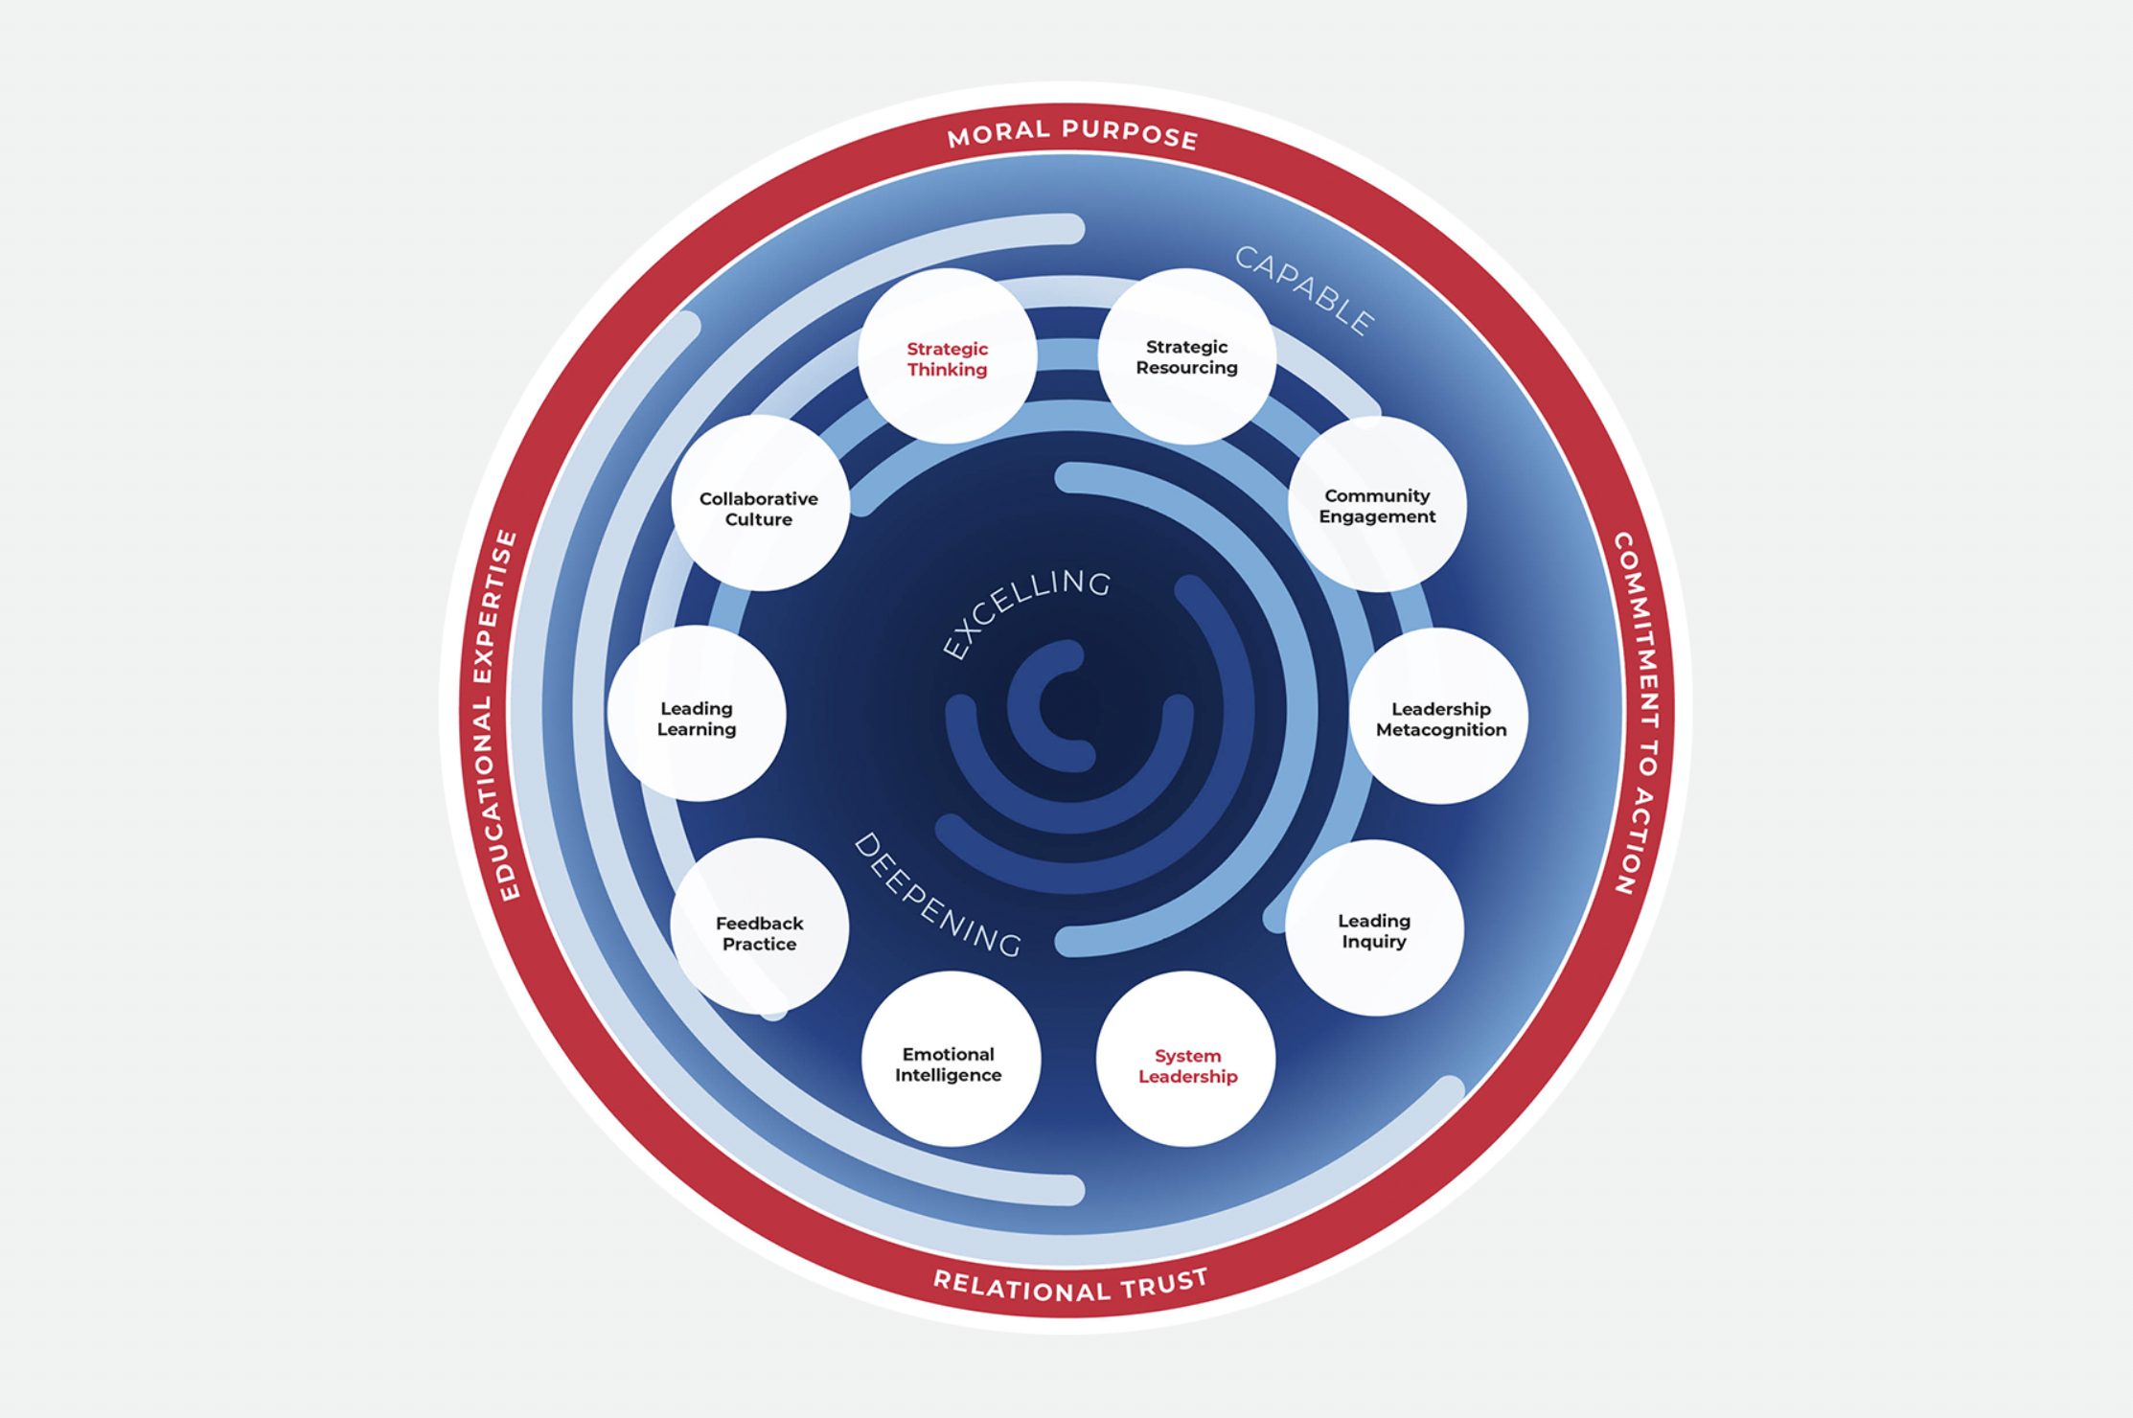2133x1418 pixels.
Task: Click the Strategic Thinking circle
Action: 947,357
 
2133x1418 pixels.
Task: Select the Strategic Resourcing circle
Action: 1186,356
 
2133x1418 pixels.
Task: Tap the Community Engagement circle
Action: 1377,505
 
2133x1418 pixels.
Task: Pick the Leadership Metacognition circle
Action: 1439,718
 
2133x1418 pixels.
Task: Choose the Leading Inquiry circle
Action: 1374,929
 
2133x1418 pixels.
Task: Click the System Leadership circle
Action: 1186,1063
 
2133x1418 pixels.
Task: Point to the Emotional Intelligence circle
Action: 949,1063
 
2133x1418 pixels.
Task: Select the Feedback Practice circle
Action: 759,931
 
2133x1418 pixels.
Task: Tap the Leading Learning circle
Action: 697,717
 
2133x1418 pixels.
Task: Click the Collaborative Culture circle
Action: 759,507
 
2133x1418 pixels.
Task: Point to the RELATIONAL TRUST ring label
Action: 1070,1285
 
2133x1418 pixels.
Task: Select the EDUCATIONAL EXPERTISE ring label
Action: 494,715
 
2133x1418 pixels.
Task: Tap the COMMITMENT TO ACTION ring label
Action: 1641,713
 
